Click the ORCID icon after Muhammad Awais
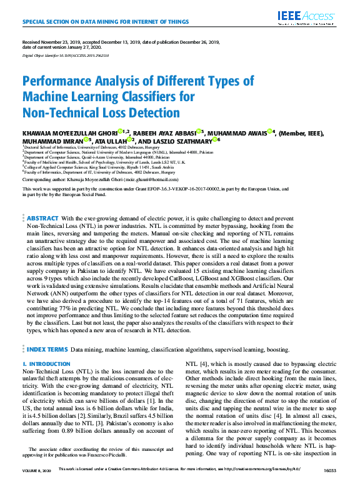point(272,132)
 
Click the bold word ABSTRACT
point(42,217)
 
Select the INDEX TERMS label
point(47,348)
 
